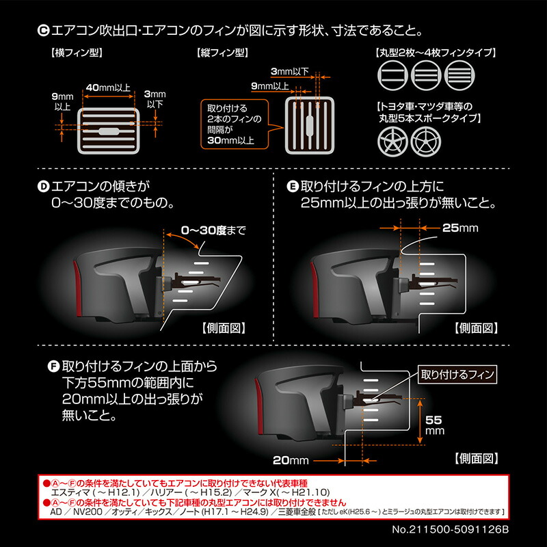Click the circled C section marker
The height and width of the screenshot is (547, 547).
coord(42,30)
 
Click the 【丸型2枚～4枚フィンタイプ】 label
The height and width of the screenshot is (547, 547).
coord(436,52)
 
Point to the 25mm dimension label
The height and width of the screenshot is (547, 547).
coord(460,228)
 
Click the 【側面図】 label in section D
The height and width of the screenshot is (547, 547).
coord(224,327)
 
